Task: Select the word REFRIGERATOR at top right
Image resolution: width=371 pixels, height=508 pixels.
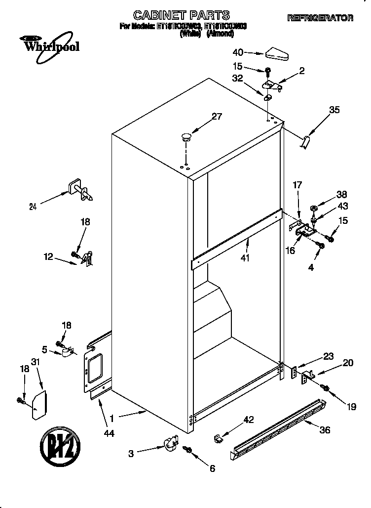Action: [320, 18]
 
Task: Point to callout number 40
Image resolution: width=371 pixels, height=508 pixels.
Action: [238, 51]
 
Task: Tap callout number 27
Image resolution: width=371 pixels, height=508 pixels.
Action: [217, 117]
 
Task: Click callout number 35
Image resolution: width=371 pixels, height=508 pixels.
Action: [334, 110]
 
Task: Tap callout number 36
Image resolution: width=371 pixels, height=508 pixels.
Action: [324, 430]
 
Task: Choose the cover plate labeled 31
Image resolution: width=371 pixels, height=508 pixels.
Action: [38, 404]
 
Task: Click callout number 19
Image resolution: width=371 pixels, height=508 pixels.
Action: [351, 407]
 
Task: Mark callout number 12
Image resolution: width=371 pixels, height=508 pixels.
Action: [48, 256]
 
